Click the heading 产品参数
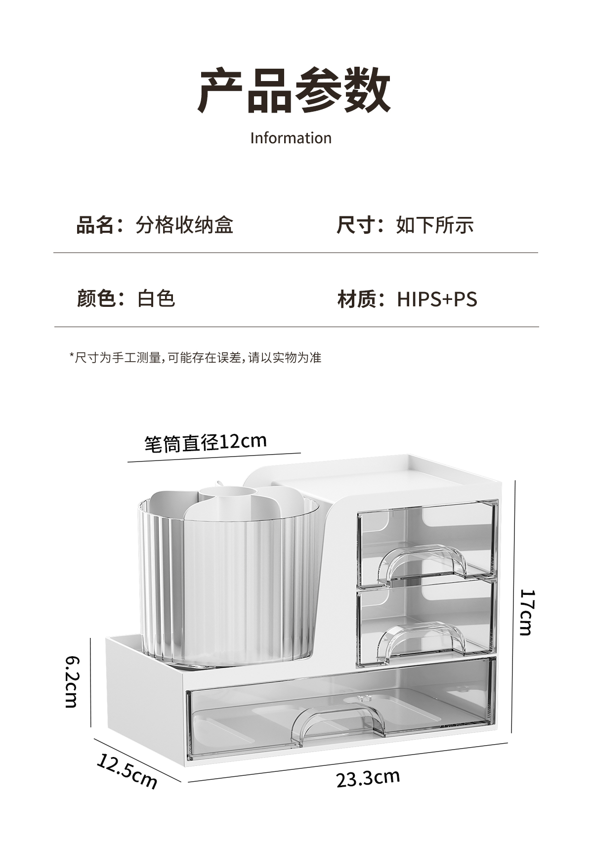294,90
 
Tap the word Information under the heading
291,138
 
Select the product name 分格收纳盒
184,225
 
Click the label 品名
95,225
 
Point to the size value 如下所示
435,225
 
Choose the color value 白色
156,299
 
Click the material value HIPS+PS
437,299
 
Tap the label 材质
356,299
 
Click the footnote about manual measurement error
196,357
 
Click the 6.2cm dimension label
71,681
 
